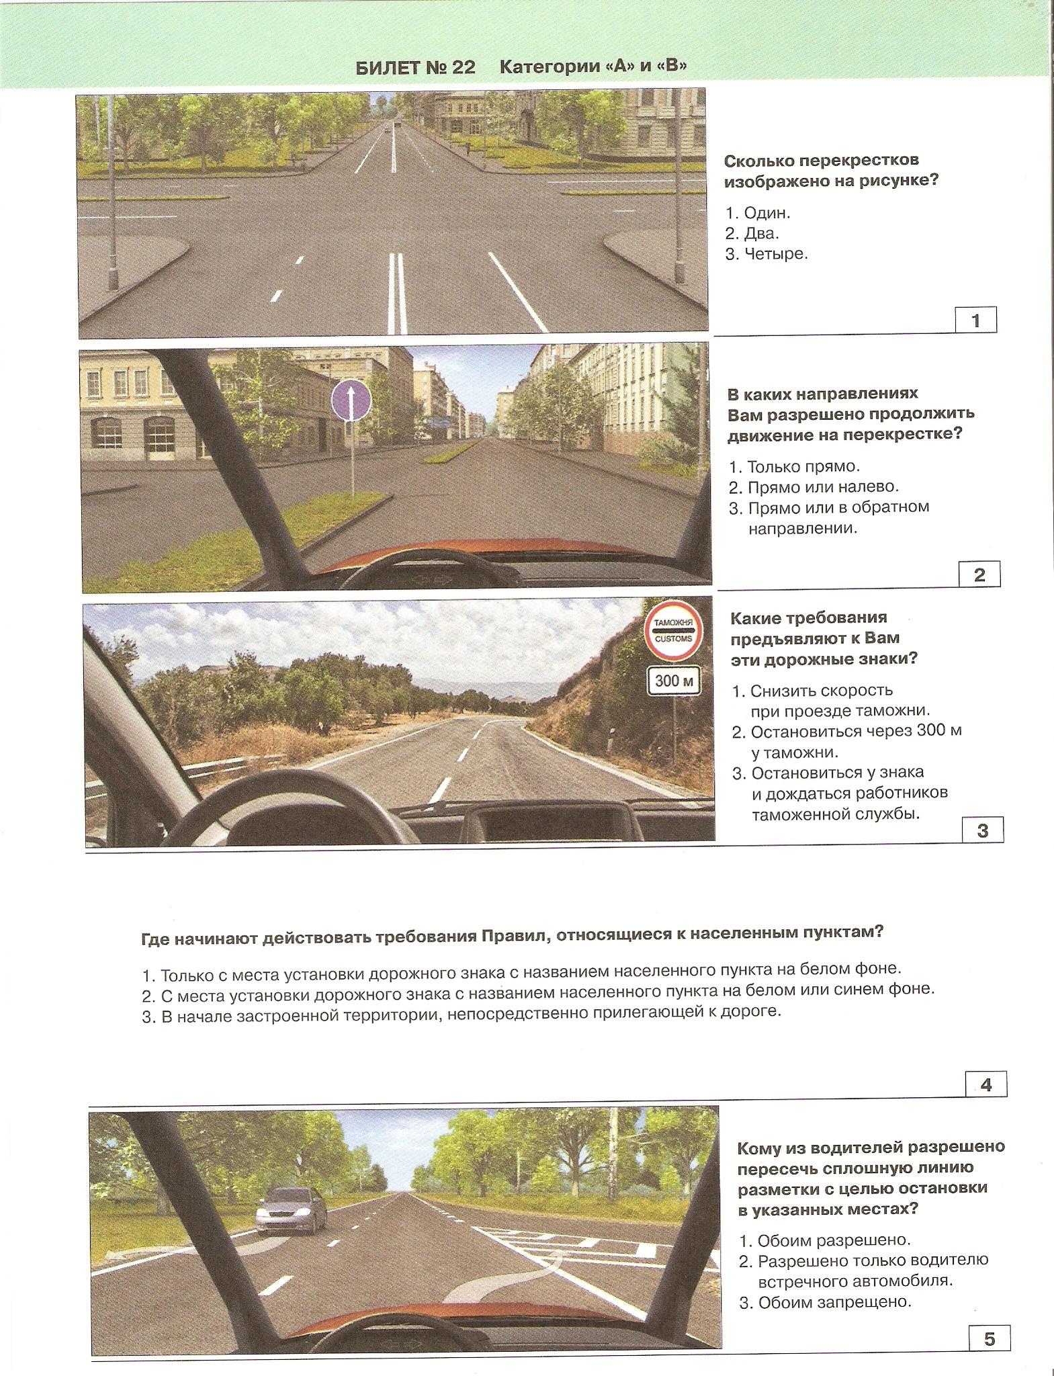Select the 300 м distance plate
(x=674, y=681)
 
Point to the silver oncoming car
(x=291, y=1209)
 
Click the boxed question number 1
(x=975, y=320)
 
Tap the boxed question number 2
(x=979, y=574)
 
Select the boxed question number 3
(x=982, y=830)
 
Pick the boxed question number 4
(x=985, y=1084)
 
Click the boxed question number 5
(x=989, y=1339)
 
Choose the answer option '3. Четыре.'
(x=766, y=254)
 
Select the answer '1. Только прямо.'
(x=794, y=466)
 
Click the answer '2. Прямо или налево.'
(x=814, y=486)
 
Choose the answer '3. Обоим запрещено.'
(x=825, y=1302)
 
